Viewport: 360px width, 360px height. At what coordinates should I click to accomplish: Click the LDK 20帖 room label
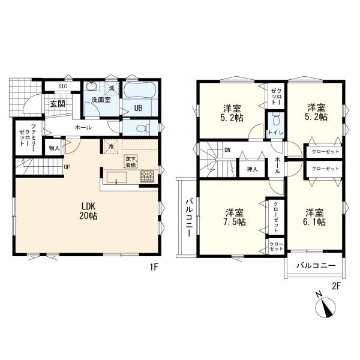(88, 211)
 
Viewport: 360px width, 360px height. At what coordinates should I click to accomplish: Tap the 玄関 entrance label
(58, 104)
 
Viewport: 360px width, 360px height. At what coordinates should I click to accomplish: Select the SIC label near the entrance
(62, 86)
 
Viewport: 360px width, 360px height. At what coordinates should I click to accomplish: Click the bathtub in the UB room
(140, 91)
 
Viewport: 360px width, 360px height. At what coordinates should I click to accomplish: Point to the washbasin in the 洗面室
(92, 86)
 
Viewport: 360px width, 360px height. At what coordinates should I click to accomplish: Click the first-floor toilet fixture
(143, 128)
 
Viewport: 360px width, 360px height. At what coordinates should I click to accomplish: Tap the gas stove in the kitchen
(147, 176)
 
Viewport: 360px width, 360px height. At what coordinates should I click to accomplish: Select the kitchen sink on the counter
(116, 178)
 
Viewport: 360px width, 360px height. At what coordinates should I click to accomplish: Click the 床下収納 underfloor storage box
(131, 161)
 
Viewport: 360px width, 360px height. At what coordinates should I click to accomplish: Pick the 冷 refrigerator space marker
(111, 146)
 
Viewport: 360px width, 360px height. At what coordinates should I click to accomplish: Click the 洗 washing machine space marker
(112, 88)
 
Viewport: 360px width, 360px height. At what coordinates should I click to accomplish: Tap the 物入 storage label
(54, 148)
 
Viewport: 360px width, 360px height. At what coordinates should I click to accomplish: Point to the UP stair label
(67, 167)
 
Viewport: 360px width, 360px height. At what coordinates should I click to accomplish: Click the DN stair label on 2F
(227, 150)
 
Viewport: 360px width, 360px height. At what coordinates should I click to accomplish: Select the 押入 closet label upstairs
(253, 169)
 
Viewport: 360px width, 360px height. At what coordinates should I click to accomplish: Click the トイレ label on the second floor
(276, 133)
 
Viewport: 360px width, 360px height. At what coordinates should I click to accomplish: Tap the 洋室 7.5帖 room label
(235, 217)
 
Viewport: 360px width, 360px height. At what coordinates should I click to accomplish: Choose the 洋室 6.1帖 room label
(314, 217)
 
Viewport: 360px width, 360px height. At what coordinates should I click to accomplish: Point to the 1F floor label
(154, 267)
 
